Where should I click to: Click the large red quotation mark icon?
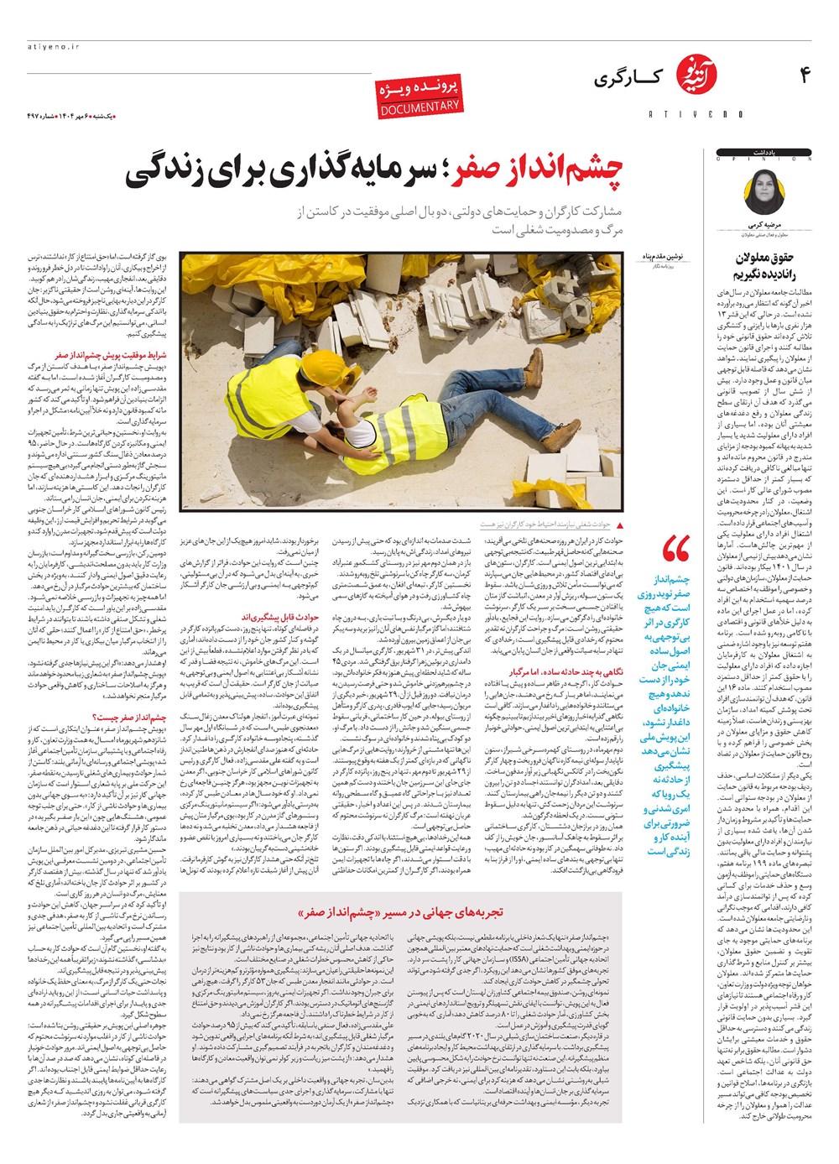[x=676, y=550]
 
